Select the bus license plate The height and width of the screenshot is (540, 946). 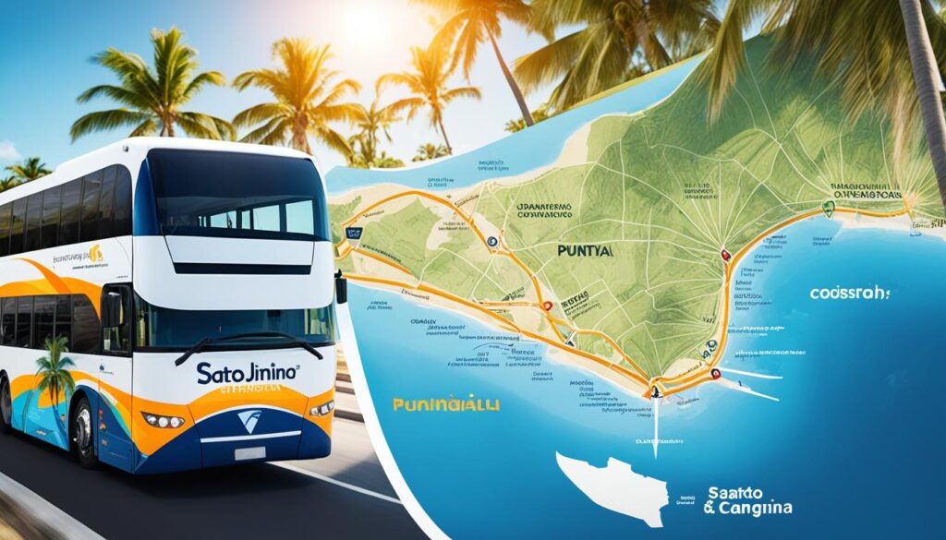point(249,454)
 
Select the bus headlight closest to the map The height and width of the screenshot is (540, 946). point(321,407)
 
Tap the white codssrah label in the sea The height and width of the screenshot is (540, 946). point(849,293)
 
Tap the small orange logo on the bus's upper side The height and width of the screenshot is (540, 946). point(93,255)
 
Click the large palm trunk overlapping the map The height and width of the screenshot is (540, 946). point(927,92)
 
